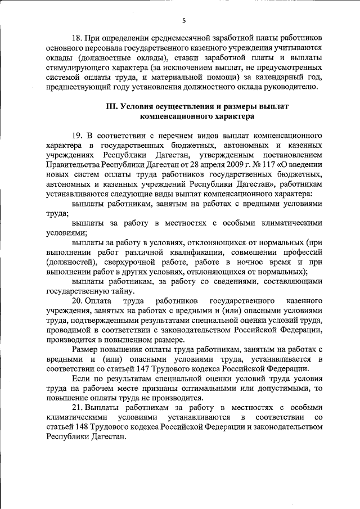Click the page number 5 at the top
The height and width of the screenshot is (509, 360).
tap(183, 21)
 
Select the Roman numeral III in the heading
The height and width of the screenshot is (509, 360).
tap(112, 107)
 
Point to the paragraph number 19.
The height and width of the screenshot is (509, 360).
tap(77, 136)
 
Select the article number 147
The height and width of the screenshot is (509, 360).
tap(175, 368)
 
